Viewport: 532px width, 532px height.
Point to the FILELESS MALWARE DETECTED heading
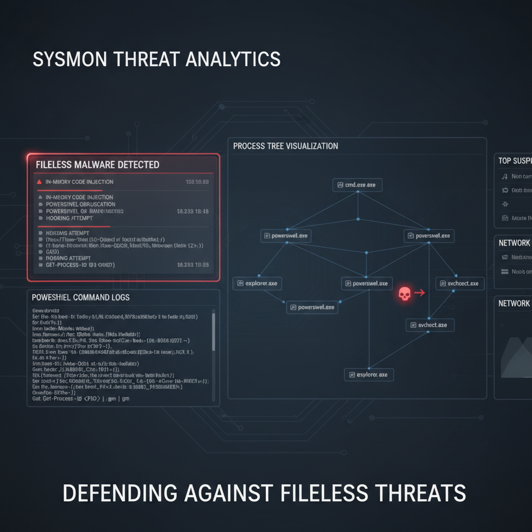tap(98, 165)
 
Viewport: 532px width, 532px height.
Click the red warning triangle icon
tap(39, 182)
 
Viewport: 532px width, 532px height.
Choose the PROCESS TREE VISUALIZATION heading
tap(285, 146)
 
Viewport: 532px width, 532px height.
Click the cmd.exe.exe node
tap(357, 185)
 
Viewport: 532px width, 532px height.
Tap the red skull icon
tap(404, 294)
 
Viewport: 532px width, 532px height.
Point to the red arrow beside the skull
tap(419, 293)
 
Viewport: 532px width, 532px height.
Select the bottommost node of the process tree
tap(369, 375)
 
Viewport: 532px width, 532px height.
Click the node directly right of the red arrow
tap(459, 284)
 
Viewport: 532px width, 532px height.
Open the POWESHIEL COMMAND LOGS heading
tap(81, 298)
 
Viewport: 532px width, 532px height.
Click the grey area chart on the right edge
tap(515, 358)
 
